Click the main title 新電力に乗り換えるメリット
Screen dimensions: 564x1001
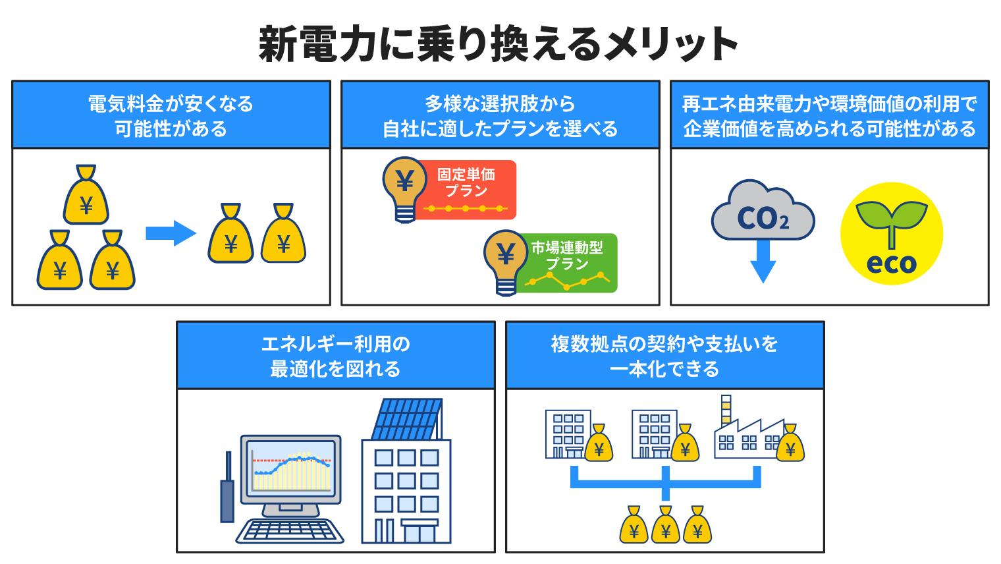[499, 44]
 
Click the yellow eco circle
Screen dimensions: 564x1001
[891, 233]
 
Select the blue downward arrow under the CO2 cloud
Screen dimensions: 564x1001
[763, 262]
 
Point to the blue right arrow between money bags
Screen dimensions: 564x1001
[170, 233]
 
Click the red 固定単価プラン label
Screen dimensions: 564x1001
[466, 188]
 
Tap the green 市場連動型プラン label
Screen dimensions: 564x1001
[568, 262]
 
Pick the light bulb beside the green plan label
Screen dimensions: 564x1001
[505, 260]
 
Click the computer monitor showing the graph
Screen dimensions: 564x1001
[290, 472]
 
